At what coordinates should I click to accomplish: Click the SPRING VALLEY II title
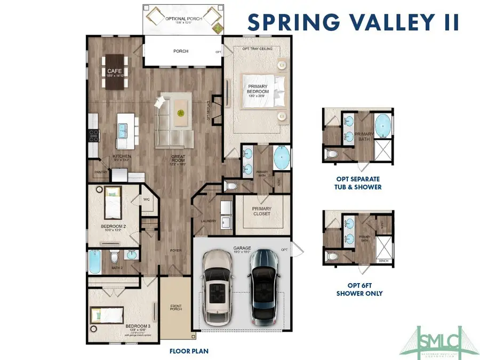pyautogui.click(x=354, y=21)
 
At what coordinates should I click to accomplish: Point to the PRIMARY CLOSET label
pyautogui.click(x=262, y=211)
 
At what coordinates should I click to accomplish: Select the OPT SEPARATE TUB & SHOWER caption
pyautogui.click(x=358, y=183)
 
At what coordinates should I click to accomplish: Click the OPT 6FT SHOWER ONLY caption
pyautogui.click(x=358, y=290)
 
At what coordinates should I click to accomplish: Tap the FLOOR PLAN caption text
pyautogui.click(x=189, y=351)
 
